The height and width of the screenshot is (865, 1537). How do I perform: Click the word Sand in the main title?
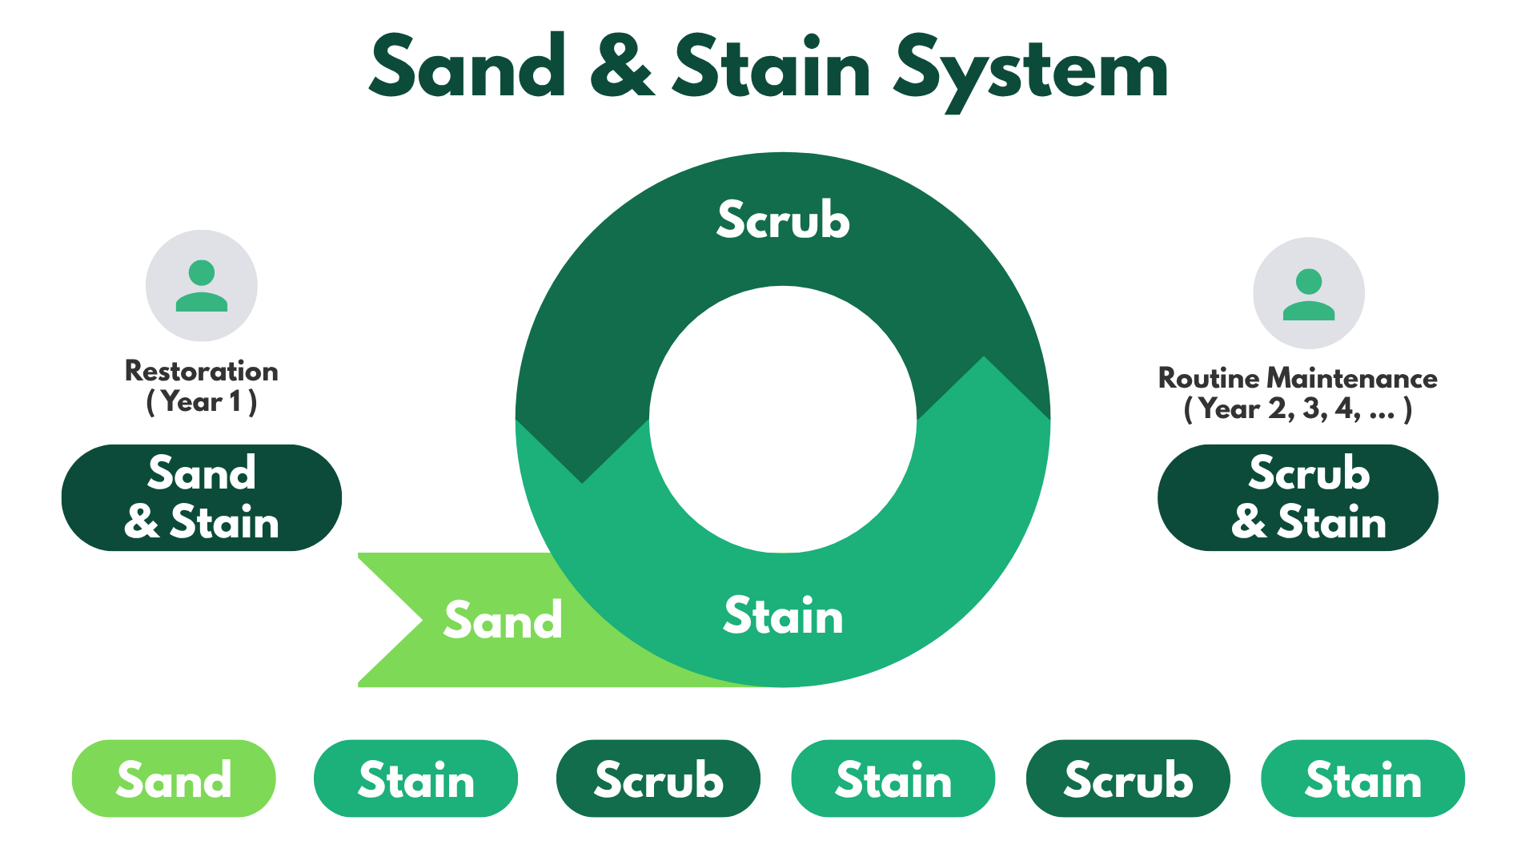tap(468, 67)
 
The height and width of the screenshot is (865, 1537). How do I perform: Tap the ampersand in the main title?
tap(622, 67)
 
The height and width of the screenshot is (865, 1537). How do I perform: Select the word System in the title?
tap(1031, 70)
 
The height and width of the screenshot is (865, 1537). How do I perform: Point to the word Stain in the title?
tap(772, 67)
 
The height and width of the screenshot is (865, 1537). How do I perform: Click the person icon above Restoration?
tap(202, 286)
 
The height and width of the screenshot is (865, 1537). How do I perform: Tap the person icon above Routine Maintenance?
tap(1309, 293)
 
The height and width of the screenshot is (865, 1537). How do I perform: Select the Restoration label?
tap(202, 371)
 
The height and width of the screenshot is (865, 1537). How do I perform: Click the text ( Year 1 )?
tap(202, 401)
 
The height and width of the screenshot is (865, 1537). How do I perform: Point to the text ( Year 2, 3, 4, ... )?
tap(1298, 409)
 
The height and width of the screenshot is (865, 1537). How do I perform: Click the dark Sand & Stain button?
tap(202, 497)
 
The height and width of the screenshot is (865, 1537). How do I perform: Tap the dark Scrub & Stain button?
tap(1298, 497)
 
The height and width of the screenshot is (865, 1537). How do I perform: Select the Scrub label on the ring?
tap(783, 220)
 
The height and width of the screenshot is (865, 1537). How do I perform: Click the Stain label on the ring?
tap(783, 616)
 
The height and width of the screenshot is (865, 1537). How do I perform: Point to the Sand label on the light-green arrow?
tap(504, 620)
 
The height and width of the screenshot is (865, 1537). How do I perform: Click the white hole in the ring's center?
tap(783, 419)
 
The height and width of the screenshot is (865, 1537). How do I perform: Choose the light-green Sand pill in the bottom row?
tap(174, 778)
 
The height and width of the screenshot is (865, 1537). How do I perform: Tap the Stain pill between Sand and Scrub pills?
tap(416, 778)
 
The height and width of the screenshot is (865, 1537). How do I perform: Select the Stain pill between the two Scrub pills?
tap(893, 778)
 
